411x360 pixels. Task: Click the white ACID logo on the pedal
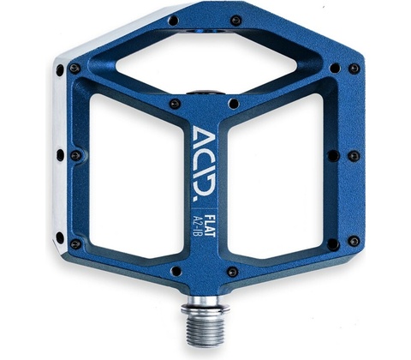click(204, 164)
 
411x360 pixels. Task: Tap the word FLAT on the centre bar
click(211, 225)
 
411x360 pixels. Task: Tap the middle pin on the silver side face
click(60, 154)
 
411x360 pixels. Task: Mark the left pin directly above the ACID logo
click(175, 104)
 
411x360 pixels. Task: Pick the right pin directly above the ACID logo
click(234, 103)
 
